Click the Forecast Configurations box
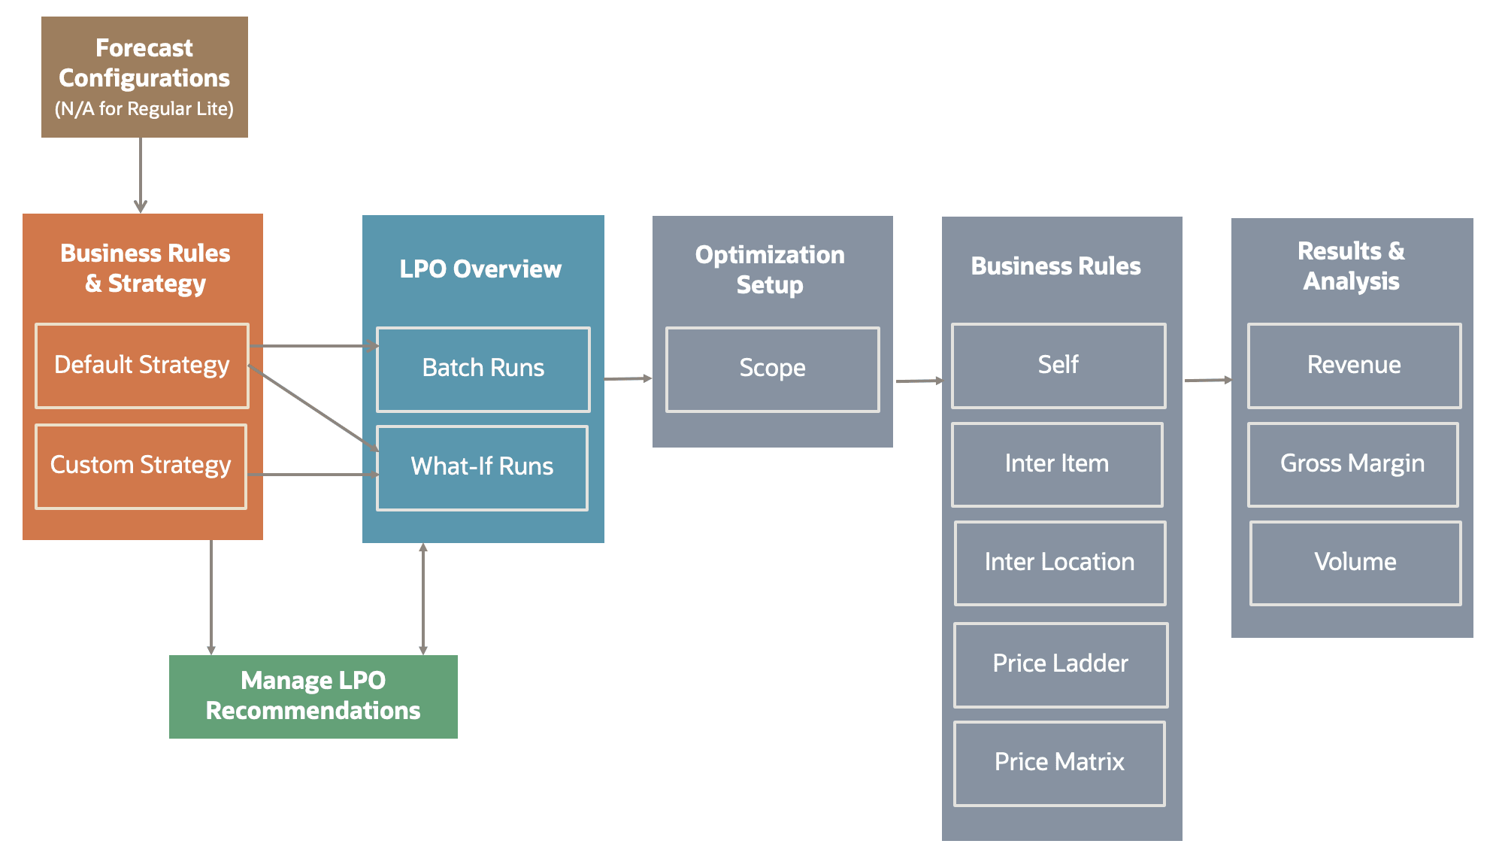tap(144, 77)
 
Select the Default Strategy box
tap(142, 366)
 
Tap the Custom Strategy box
tap(141, 466)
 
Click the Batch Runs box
tap(483, 369)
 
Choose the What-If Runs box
tap(482, 467)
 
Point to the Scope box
tap(772, 369)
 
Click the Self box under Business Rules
tap(1058, 366)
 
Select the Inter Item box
tap(1057, 464)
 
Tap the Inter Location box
tap(1059, 563)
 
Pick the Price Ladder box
tap(1060, 664)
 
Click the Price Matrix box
tap(1059, 763)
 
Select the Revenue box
tap(1354, 366)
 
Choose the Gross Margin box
tap(1352, 464)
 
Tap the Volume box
tap(1355, 563)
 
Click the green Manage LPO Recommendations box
tap(313, 697)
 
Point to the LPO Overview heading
tap(480, 269)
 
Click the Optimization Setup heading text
tap(770, 270)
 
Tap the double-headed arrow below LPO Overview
tap(423, 599)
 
